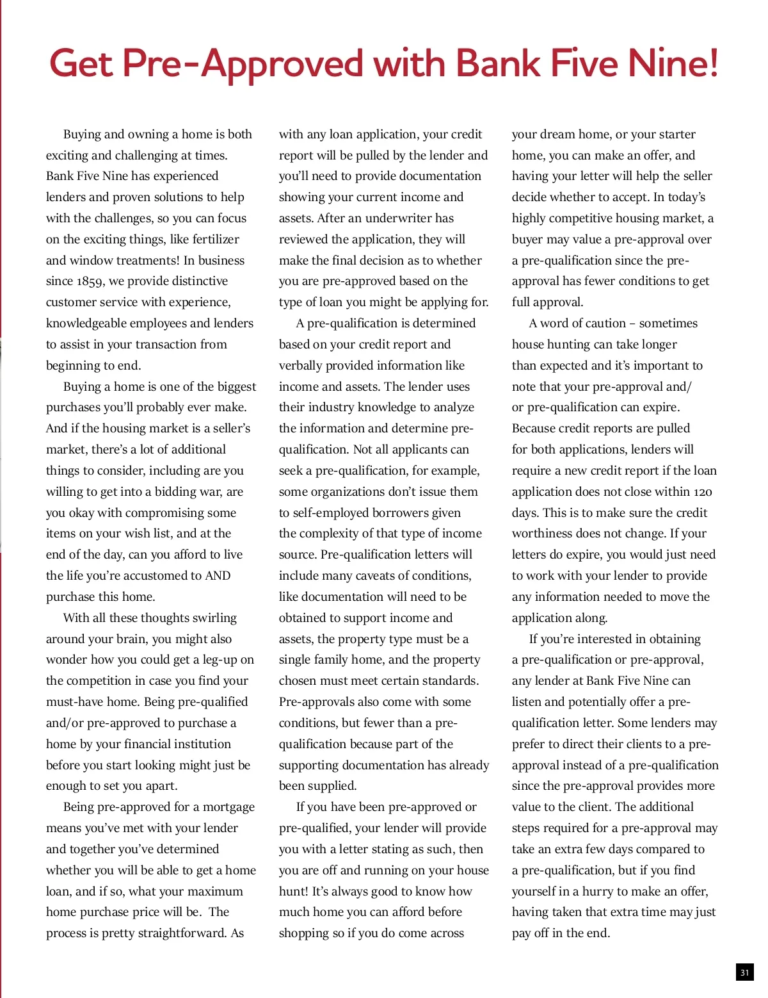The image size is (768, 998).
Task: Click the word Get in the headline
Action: point(81,64)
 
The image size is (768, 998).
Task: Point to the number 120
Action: point(703,491)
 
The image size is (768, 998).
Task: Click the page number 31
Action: point(744,972)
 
